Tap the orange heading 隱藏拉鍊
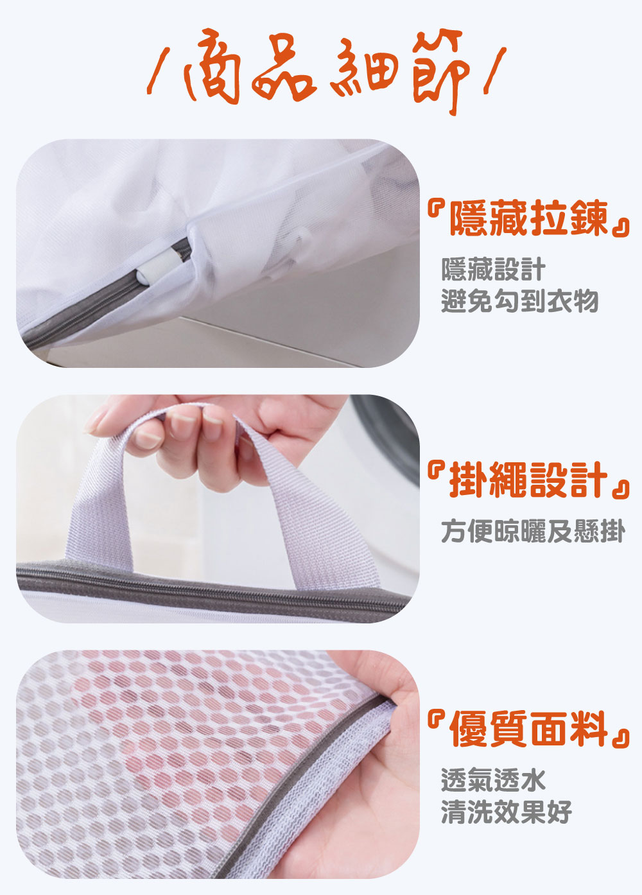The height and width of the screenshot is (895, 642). [x=529, y=218]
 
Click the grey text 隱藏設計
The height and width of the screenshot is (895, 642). [x=494, y=269]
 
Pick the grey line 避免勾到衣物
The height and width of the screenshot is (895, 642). [x=520, y=300]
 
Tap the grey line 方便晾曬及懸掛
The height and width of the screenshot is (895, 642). [x=534, y=531]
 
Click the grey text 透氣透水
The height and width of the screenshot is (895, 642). [x=494, y=779]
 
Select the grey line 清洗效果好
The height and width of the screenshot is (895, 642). [x=507, y=811]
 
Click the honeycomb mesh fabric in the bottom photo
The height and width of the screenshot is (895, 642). [x=160, y=759]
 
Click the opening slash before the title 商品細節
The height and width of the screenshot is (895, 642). [x=158, y=71]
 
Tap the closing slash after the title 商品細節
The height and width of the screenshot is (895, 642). [x=495, y=71]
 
